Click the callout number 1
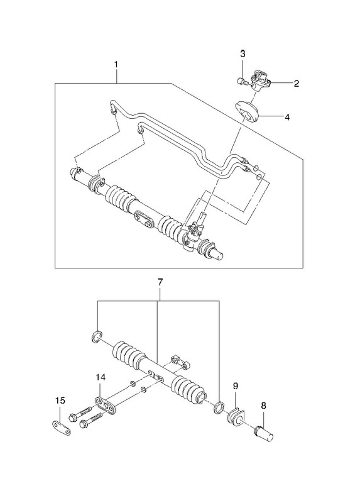(x=116, y=65)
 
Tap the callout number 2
(x=296, y=84)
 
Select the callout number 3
(x=243, y=53)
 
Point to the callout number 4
(x=287, y=118)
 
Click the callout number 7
(x=160, y=282)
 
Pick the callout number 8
(x=263, y=406)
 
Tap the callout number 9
(x=236, y=386)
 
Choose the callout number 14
(x=101, y=378)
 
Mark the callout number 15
(x=60, y=401)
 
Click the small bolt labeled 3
(x=242, y=82)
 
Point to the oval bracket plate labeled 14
(x=105, y=405)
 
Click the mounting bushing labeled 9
(x=236, y=417)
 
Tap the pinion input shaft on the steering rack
(x=202, y=218)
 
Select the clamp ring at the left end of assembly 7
(x=96, y=336)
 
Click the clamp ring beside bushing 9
(x=219, y=407)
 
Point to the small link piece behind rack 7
(x=181, y=362)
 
